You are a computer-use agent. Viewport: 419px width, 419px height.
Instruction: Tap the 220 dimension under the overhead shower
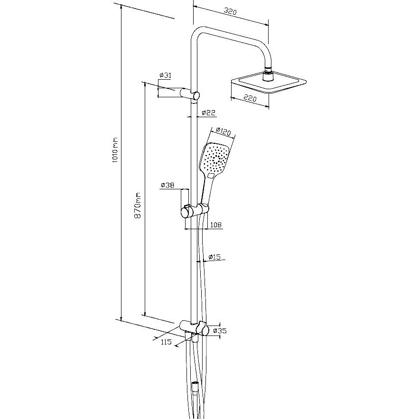pos(250,99)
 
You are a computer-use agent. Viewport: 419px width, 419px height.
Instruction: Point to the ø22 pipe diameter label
pos(208,113)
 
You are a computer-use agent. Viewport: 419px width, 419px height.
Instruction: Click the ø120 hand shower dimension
pos(223,131)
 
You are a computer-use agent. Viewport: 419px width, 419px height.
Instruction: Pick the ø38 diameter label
pos(168,185)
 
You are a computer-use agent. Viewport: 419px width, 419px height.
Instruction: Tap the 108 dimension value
pos(215,224)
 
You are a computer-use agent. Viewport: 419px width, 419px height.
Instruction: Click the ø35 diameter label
pos(220,331)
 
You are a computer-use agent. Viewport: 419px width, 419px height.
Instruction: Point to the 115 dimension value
pos(166,342)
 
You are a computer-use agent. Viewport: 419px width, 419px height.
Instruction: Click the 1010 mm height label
pos(114,151)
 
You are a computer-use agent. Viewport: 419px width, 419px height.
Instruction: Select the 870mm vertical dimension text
pos(138,205)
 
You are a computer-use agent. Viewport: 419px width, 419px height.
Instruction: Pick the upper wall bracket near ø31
pos(190,94)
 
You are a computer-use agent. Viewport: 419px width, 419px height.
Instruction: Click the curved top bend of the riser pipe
pos(196,33)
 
